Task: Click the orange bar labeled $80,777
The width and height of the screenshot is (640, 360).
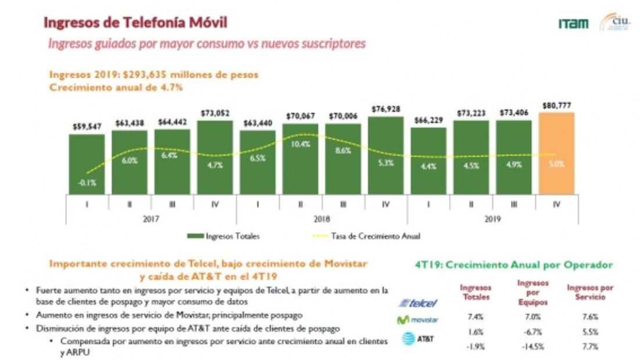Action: click(x=556, y=153)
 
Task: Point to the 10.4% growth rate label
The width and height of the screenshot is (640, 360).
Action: click(x=300, y=144)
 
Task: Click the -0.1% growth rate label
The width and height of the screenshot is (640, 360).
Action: click(x=87, y=183)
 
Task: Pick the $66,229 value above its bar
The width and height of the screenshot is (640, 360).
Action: click(x=428, y=120)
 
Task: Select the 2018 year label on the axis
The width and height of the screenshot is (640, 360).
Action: click(x=321, y=219)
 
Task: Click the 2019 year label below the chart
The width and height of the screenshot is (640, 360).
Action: click(x=492, y=219)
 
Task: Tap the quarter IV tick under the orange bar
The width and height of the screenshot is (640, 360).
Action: click(x=556, y=204)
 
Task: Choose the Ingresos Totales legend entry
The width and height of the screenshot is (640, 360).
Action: click(x=223, y=236)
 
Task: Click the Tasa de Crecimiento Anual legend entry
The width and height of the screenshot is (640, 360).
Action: click(x=366, y=236)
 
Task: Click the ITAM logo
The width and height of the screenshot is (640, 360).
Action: click(x=573, y=24)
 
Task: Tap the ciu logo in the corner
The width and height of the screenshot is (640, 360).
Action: click(x=615, y=22)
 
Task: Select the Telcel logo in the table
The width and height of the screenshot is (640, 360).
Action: click(x=418, y=303)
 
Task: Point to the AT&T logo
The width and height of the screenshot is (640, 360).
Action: click(x=418, y=339)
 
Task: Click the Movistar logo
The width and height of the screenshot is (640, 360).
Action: click(x=418, y=320)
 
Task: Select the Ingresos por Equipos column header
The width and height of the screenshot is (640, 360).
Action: click(x=532, y=292)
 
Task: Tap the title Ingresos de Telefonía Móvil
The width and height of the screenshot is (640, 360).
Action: click(x=135, y=23)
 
